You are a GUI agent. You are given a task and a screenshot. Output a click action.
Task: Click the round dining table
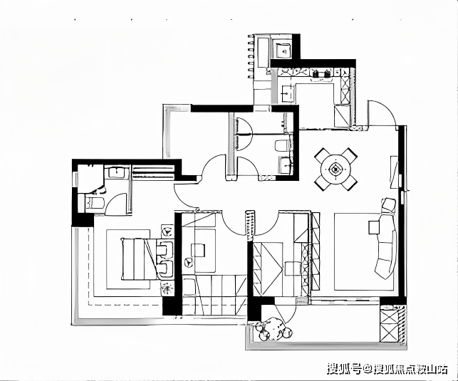coord(335,169)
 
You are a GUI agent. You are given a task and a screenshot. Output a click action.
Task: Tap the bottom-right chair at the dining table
coord(349,183)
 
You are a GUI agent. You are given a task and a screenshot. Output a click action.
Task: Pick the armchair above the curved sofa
coord(388,205)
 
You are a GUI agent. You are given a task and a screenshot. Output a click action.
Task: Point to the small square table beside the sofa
coord(374,227)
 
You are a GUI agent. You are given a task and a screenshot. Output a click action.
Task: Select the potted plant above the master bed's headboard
coord(167,230)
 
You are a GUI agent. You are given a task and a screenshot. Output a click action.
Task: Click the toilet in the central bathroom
coord(283,146)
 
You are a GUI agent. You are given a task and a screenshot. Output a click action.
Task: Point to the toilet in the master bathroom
coord(94,202)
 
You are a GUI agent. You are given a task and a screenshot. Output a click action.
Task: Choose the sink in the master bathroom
coord(117,172)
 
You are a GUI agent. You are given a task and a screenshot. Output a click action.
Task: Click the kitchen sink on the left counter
coord(286,93)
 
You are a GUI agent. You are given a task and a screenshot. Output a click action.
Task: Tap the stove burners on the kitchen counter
coord(321,73)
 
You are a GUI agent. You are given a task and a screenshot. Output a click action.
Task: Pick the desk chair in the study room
coord(198,251)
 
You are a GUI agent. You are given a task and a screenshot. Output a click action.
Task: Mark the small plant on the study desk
coord(189,262)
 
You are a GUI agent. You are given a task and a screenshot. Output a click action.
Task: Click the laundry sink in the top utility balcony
coord(283,51)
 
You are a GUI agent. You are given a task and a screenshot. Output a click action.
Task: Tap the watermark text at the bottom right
coord(387,368)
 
